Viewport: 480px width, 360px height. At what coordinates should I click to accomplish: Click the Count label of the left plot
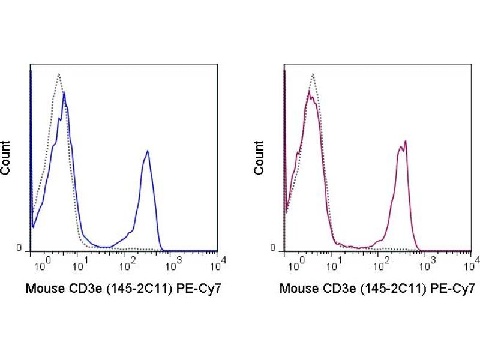coord(5,157)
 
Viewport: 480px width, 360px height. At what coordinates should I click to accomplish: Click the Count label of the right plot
coord(259,157)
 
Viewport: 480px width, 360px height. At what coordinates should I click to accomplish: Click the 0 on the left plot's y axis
coord(19,248)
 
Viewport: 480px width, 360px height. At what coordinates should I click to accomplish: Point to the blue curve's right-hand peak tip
coord(147,151)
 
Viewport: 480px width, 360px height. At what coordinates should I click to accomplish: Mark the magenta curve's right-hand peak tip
coord(406,141)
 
